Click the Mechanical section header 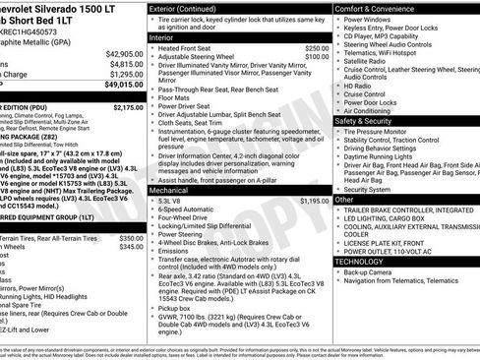pyautogui.click(x=173, y=163)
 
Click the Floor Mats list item pyautogui.click(x=177, y=98)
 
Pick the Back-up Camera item pyautogui.click(x=369, y=272)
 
